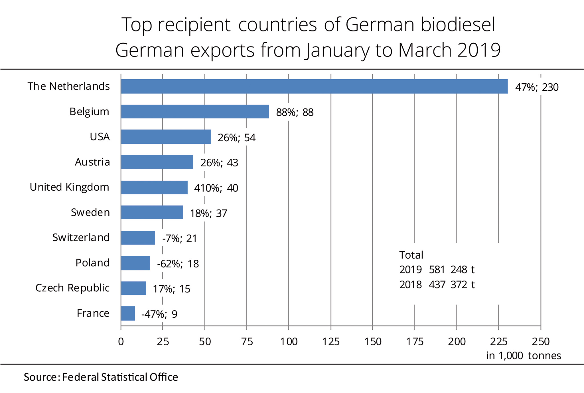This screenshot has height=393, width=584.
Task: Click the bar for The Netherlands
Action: [x=314, y=86]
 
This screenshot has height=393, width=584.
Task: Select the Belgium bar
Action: [x=195, y=112]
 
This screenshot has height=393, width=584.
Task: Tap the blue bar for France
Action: [x=128, y=313]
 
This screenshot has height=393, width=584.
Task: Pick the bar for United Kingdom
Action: [x=154, y=188]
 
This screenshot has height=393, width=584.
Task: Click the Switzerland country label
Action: [x=81, y=237]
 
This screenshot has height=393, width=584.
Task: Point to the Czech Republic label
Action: [x=72, y=288]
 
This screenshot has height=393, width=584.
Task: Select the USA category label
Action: [x=100, y=137]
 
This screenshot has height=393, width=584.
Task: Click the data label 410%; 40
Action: [x=216, y=188]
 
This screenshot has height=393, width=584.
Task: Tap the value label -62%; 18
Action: [x=178, y=264]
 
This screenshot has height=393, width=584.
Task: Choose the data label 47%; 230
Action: [x=537, y=87]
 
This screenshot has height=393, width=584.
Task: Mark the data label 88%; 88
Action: [x=295, y=112]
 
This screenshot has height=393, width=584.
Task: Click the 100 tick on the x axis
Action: [x=289, y=342]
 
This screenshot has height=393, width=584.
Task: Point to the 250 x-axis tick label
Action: [x=541, y=342]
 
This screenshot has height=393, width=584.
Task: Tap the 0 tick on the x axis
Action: [x=121, y=342]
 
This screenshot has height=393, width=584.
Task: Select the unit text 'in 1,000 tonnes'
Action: [x=524, y=356]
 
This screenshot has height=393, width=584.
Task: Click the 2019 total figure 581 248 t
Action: [x=451, y=270]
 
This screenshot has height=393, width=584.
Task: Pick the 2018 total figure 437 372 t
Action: [x=451, y=285]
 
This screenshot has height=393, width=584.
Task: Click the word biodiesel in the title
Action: [x=458, y=25]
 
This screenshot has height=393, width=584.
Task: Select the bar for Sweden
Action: [x=152, y=213]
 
